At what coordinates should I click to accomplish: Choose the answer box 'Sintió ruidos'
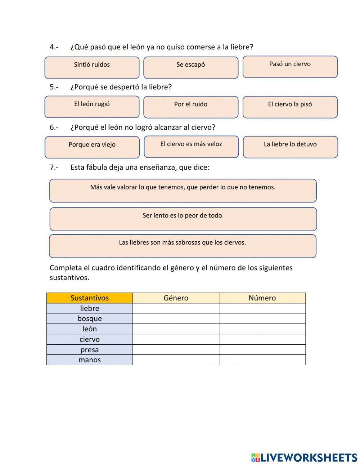[92, 68]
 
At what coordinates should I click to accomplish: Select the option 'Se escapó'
[191, 68]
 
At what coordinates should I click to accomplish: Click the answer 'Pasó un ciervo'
[290, 67]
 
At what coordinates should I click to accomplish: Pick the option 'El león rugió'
[92, 107]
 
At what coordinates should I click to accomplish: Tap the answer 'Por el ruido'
[191, 107]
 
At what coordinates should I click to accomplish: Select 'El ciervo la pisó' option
[290, 107]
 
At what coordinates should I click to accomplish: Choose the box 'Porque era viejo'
[92, 147]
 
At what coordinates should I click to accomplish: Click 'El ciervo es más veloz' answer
[191, 147]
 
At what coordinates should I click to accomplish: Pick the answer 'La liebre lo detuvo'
[291, 147]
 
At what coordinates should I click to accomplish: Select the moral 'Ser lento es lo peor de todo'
[183, 219]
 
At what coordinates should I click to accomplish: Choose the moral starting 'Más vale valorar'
[183, 191]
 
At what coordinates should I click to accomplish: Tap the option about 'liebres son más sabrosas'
[183, 246]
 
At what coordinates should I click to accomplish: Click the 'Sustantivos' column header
[90, 298]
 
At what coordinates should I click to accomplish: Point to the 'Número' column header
[262, 298]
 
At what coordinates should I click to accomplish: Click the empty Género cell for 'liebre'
[176, 308]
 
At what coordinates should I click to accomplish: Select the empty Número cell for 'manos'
[262, 360]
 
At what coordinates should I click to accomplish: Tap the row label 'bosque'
[90, 318]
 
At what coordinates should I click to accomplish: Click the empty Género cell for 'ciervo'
[176, 339]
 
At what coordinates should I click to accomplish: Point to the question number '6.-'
[54, 127]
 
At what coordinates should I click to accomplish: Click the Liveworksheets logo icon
[256, 457]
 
